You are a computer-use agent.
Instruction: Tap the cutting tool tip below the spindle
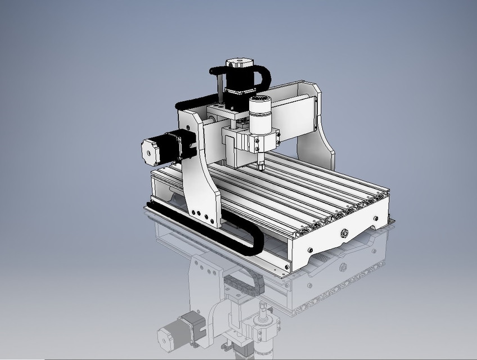[x=260, y=166]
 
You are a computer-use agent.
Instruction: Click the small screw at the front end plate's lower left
[x=309, y=250]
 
